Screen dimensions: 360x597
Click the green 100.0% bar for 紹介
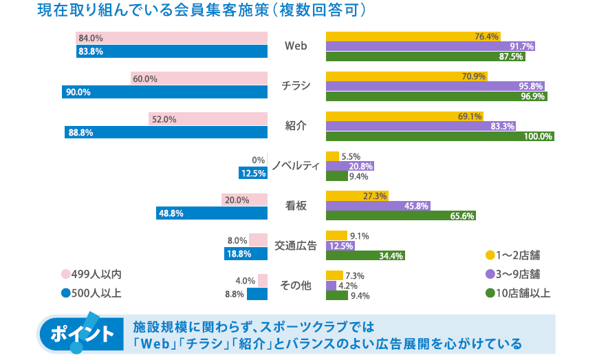point(440,136)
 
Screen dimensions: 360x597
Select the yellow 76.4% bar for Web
point(413,36)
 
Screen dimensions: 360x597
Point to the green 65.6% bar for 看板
point(400,215)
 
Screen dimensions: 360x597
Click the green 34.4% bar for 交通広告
point(365,255)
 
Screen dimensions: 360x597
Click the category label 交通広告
point(296,245)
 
